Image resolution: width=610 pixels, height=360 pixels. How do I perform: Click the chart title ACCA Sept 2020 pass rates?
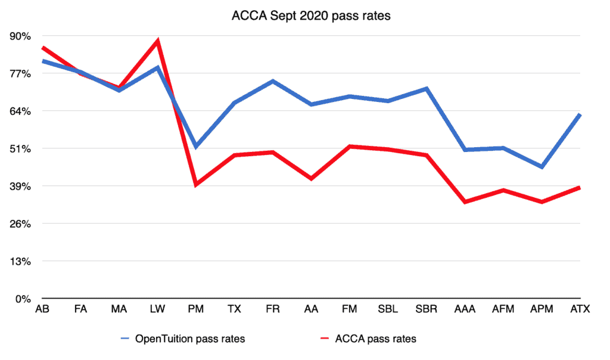coord(311,15)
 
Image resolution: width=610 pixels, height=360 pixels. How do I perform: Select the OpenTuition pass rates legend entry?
coord(183,339)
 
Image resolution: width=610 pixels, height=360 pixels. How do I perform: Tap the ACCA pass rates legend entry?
coord(368,339)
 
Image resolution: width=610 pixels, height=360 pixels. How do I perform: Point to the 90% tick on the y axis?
coord(20,36)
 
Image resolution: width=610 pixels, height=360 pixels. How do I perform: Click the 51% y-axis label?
coord(20,148)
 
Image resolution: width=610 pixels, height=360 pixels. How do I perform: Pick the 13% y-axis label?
coord(20,261)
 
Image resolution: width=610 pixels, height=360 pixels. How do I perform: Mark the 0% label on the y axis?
coord(23,299)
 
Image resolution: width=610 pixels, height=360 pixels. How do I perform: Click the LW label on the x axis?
coord(157,309)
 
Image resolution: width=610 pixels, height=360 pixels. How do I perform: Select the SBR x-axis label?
coord(427,309)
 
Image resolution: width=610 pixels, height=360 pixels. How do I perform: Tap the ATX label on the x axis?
coord(580,309)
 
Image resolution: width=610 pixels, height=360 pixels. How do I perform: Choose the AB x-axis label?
coord(42,309)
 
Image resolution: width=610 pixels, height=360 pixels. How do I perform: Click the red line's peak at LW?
coord(157,41)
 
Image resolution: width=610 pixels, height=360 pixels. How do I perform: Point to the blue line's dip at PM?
coord(195,147)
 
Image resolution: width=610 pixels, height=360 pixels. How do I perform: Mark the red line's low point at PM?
coord(195,184)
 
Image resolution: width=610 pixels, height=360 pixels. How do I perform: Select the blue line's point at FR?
coord(273,81)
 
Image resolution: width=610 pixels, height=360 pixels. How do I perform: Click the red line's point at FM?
coord(350,147)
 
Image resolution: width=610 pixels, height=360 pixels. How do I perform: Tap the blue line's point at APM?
coord(541,167)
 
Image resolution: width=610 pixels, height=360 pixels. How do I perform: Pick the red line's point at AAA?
coord(465,201)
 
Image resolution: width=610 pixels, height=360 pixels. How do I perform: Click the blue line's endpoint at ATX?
coord(580,115)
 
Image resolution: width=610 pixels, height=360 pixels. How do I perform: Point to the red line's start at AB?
coord(43,48)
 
